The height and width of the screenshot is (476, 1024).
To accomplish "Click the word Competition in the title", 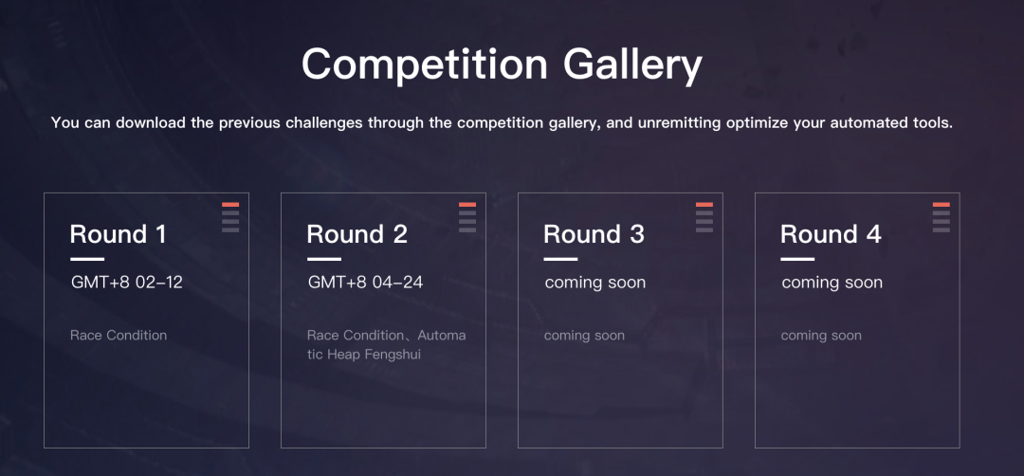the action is [425, 64].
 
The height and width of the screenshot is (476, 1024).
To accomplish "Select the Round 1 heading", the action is [119, 234].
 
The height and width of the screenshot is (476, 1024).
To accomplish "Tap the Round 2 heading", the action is [357, 234].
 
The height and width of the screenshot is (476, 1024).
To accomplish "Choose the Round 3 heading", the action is [594, 234].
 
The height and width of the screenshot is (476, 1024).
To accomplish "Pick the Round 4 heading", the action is [832, 234].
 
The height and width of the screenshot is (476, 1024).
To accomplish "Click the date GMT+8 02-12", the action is [127, 283].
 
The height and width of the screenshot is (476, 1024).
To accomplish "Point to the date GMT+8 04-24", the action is [366, 283].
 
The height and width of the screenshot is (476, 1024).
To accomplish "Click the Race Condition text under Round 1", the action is [119, 336].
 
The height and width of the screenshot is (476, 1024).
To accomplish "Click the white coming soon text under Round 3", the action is [594, 283].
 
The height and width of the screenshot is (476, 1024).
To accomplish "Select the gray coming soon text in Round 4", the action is [821, 336].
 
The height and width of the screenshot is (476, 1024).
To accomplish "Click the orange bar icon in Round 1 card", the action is [230, 205].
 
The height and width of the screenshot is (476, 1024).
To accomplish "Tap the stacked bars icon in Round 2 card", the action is [467, 217].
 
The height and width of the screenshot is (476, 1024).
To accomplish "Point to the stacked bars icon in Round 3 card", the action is [704, 217].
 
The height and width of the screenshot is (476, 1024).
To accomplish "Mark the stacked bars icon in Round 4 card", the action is [942, 217].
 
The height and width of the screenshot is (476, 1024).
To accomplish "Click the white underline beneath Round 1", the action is [87, 259].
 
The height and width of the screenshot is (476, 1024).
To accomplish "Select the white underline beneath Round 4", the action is [797, 259].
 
